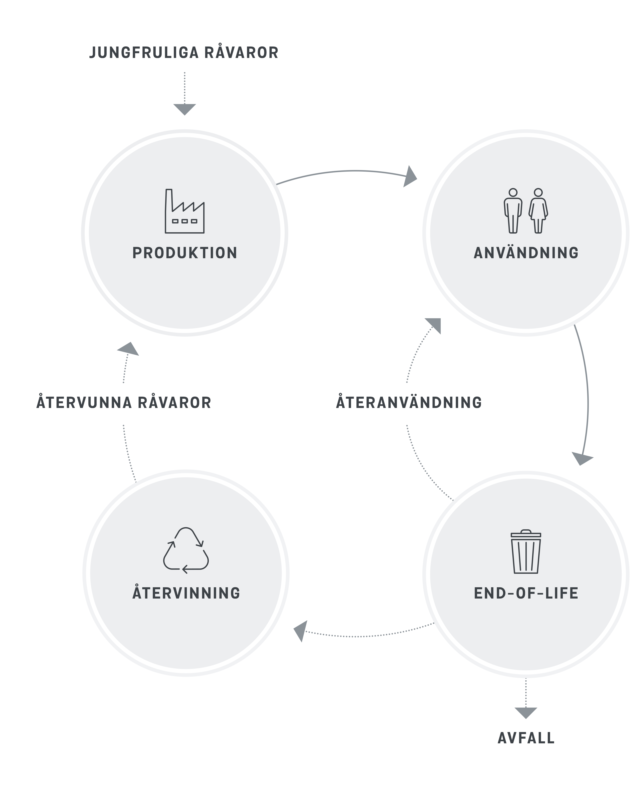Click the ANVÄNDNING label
point(526,253)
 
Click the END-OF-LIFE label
point(526,593)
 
